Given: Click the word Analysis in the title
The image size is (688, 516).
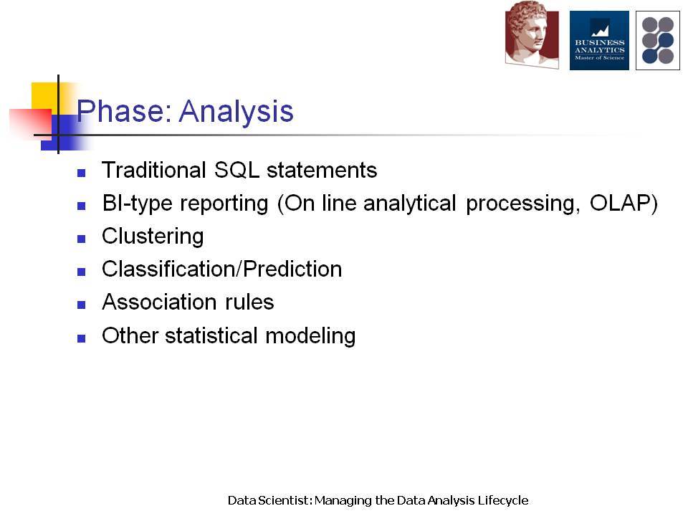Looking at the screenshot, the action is point(236,113).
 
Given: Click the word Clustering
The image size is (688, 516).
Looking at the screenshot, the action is point(153,237).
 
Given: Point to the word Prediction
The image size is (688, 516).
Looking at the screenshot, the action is point(292,269).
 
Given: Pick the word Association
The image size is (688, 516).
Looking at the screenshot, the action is point(159,302).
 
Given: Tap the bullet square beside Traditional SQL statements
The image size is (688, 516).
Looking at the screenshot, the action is point(81,173).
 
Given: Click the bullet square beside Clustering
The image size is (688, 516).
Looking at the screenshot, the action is point(81,239).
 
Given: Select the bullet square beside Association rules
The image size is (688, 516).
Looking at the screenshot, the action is point(81,305).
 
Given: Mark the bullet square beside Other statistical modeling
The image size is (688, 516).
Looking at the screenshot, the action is point(81,338).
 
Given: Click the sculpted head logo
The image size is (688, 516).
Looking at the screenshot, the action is point(532,34).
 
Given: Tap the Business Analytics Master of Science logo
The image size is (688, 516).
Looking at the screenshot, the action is point(599,40).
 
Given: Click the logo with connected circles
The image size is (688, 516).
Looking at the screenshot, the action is point(658,40).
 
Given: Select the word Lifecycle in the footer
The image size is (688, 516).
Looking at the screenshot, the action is point(503,501).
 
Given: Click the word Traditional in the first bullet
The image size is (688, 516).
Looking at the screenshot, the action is point(153,171).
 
